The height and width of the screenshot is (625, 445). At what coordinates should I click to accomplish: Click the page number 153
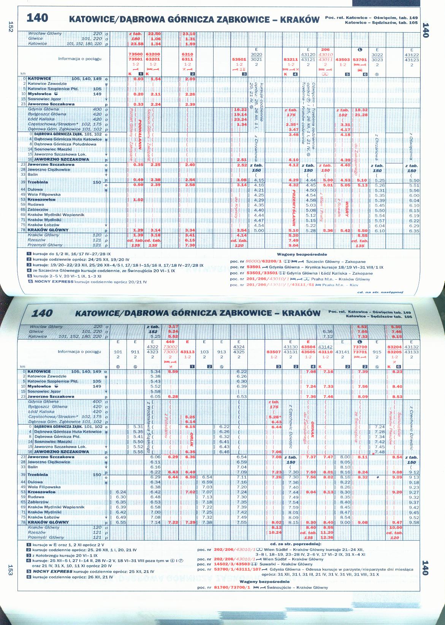coord(11,571)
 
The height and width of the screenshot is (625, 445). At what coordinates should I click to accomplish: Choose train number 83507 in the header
coord(274,352)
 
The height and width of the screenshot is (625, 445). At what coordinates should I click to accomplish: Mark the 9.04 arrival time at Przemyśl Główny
coord(293,245)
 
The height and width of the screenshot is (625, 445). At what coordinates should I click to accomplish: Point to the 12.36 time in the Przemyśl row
coord(326,537)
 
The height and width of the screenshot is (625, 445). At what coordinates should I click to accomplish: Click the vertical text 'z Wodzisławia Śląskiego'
coord(147,428)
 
